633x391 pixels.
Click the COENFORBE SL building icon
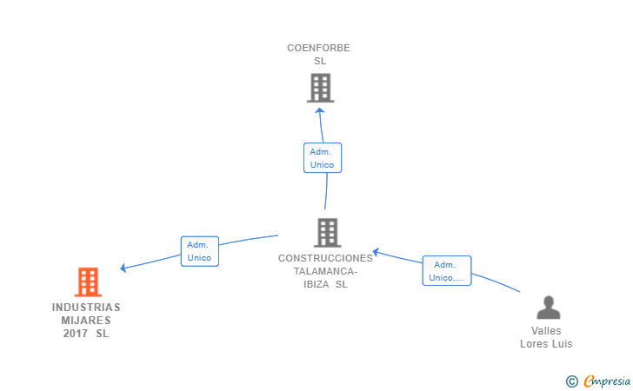[x=321, y=88]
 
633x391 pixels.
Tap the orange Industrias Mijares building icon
[x=88, y=282]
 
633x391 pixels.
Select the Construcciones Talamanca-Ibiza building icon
[x=328, y=233]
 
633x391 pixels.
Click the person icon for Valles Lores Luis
[x=548, y=308]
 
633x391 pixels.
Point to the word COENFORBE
[x=318, y=48]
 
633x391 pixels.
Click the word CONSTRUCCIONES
[x=325, y=258]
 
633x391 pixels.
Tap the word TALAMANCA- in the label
[x=325, y=271]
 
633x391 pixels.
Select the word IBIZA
[x=316, y=284]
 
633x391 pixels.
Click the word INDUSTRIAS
[x=86, y=308]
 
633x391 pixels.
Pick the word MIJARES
[x=86, y=321]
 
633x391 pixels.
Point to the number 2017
[x=75, y=334]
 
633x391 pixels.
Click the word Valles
[x=546, y=331]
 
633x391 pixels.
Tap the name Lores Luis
[x=546, y=344]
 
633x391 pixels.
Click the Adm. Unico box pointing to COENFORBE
[x=323, y=158]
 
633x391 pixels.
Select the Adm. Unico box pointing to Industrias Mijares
[x=200, y=251]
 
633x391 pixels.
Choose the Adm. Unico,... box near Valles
[x=447, y=271]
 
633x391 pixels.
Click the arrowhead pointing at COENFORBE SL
[x=320, y=110]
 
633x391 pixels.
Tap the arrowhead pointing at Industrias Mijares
[x=123, y=268]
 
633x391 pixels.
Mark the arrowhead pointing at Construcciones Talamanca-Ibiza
[x=376, y=252]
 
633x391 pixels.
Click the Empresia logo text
[x=607, y=381]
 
